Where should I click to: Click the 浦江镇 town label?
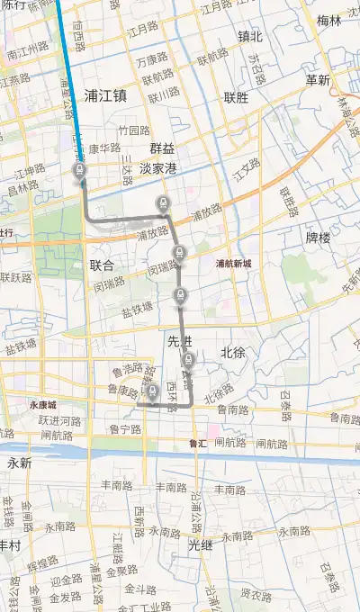point(106,94)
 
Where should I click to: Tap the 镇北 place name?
point(249,37)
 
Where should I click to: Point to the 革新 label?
point(317,80)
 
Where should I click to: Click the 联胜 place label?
point(236,97)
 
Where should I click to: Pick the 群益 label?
point(163,148)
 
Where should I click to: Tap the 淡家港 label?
point(158,168)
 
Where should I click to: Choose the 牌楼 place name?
point(319,238)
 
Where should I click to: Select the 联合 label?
point(103,265)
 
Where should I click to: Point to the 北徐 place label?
point(232,352)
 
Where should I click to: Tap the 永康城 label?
point(42,405)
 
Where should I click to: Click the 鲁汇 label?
point(198,444)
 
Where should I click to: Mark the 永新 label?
point(19,463)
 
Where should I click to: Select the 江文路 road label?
point(245,167)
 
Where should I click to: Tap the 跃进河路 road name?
point(59,420)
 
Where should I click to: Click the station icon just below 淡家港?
point(163,202)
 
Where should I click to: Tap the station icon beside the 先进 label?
point(188,361)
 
